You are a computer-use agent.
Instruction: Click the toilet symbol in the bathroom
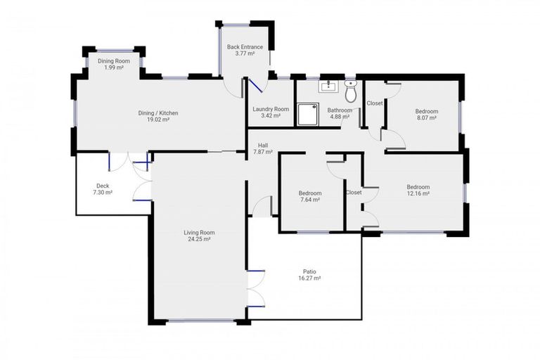click(x=351, y=91)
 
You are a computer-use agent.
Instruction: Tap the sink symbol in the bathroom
click(x=328, y=87)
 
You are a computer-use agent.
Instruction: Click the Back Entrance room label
click(x=240, y=47)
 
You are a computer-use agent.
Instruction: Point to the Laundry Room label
click(x=271, y=109)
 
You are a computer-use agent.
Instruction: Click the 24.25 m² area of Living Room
click(x=200, y=239)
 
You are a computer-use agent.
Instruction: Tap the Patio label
click(x=309, y=271)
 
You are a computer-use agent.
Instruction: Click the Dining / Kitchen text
click(x=157, y=112)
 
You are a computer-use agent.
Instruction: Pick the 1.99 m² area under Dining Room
click(x=115, y=67)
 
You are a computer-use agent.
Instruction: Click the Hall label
click(x=262, y=146)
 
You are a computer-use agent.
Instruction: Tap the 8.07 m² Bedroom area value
click(x=426, y=118)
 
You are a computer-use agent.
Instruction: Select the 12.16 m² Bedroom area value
click(x=418, y=194)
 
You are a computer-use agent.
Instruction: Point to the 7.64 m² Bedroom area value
click(x=309, y=200)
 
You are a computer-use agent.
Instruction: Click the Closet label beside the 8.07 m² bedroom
click(x=375, y=103)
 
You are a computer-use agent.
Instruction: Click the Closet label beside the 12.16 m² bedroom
click(x=354, y=192)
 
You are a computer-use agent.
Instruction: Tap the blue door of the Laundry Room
click(x=256, y=86)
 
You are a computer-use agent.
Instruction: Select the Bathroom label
click(x=340, y=110)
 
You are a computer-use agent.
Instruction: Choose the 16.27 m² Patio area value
click(x=309, y=278)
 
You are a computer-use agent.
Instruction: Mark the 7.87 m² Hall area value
click(x=262, y=152)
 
